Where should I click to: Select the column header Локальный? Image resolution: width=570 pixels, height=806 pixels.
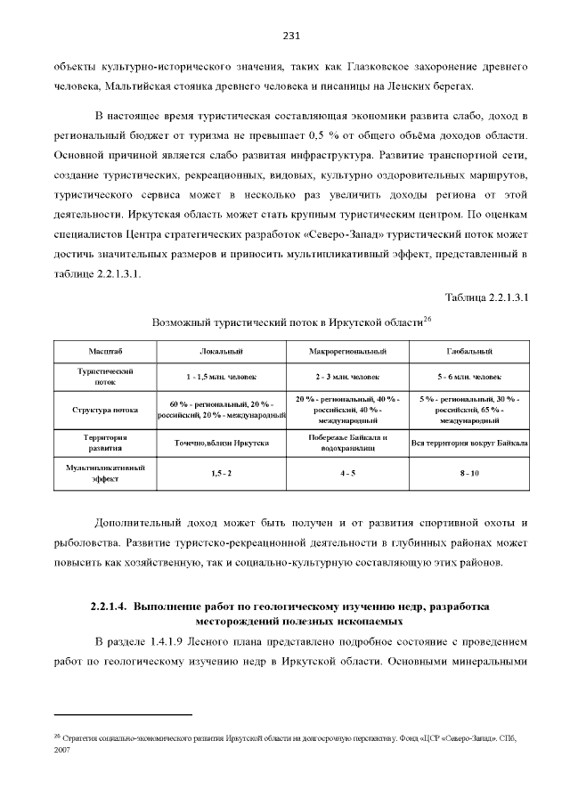coord(221,352)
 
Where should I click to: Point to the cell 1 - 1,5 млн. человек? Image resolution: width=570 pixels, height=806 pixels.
coord(221,377)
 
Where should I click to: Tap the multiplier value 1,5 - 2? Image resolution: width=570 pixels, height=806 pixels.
coord(221,473)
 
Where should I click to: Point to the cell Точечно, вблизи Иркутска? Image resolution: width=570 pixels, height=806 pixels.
coord(221,443)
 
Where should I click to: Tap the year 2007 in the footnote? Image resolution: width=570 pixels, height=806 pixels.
coord(61,751)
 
